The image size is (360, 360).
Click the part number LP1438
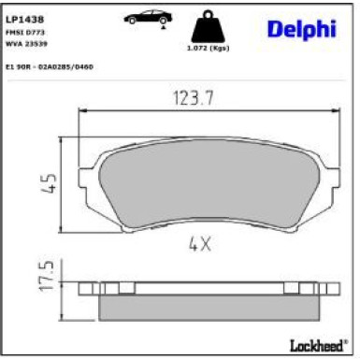[x=21, y=18]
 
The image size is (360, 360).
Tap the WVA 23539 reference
[x=25, y=43]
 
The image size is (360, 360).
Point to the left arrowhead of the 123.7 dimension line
[x=81, y=110]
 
